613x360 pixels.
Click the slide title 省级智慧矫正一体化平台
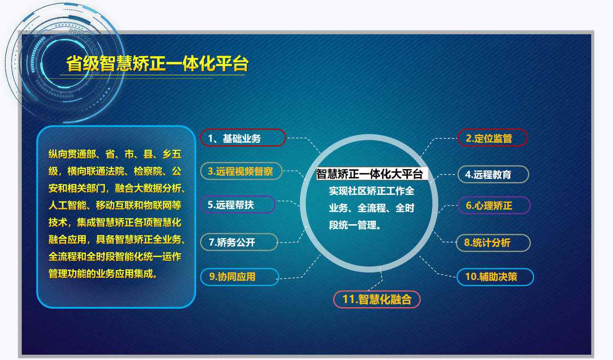point(157,64)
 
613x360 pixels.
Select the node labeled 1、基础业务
point(242,138)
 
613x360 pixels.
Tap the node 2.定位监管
point(492,138)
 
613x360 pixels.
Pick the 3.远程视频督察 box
point(241,171)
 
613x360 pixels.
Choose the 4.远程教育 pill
point(492,174)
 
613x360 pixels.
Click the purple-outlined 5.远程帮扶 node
point(238,205)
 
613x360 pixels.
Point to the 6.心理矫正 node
point(493,206)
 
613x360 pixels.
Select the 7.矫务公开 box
point(238,243)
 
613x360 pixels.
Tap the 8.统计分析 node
point(493,243)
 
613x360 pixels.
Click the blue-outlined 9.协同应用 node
point(239,277)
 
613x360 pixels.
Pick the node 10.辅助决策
point(495,277)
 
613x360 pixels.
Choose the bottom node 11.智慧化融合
point(376,299)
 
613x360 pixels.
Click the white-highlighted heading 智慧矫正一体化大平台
point(370,174)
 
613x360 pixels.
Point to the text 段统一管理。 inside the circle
point(355,225)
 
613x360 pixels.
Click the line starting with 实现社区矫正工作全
point(371,191)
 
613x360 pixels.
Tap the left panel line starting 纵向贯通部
point(115,154)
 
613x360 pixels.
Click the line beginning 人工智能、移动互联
point(115,206)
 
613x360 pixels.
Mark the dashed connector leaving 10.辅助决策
point(438,272)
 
